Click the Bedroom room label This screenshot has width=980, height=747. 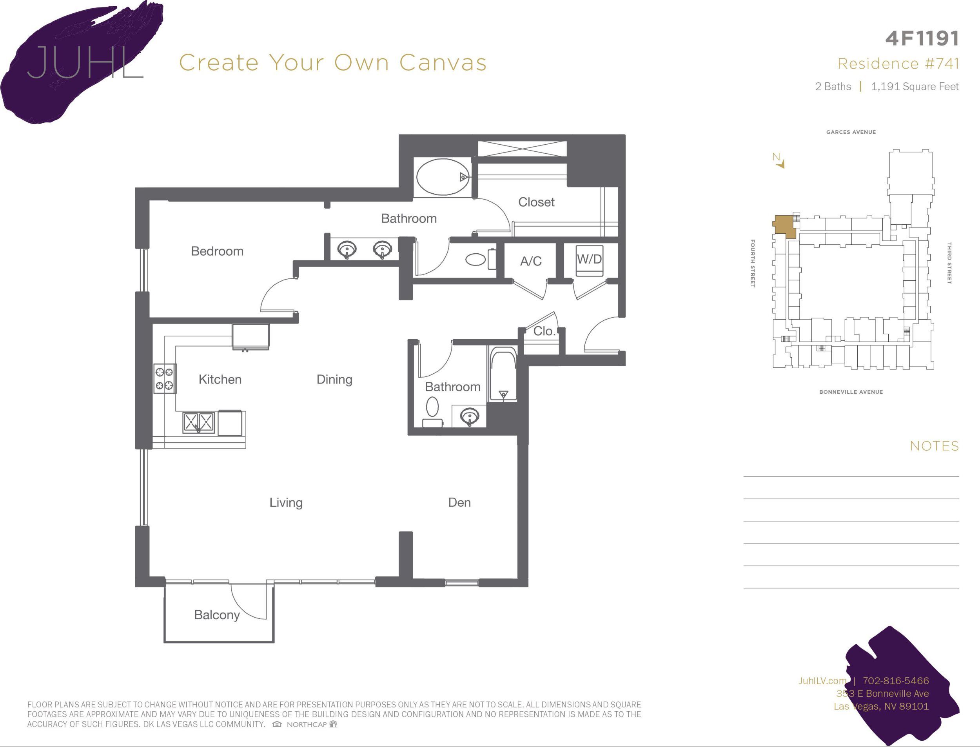click(217, 251)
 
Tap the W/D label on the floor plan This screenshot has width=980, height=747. click(589, 259)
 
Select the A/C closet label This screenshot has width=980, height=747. click(531, 261)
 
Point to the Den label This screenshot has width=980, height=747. click(459, 502)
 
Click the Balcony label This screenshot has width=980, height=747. click(217, 615)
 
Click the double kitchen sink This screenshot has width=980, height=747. click(198, 422)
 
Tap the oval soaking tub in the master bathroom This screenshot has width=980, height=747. click(443, 177)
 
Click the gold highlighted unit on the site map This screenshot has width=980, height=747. click(784, 227)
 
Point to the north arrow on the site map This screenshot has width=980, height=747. click(779, 160)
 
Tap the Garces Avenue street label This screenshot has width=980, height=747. click(851, 132)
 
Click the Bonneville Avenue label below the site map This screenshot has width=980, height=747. click(851, 392)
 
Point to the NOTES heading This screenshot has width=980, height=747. click(934, 446)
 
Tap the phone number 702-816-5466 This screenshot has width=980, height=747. click(896, 680)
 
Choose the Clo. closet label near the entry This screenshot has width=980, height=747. click(544, 331)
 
